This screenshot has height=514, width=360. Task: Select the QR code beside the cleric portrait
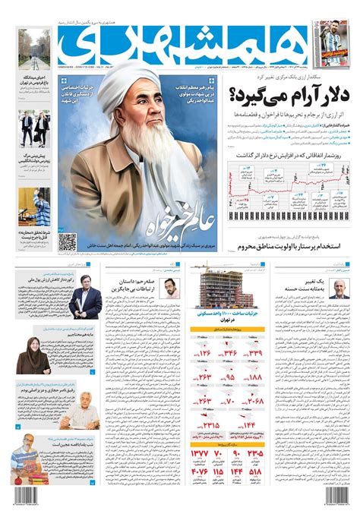point(68,242)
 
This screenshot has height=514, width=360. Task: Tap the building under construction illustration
point(219,289)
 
